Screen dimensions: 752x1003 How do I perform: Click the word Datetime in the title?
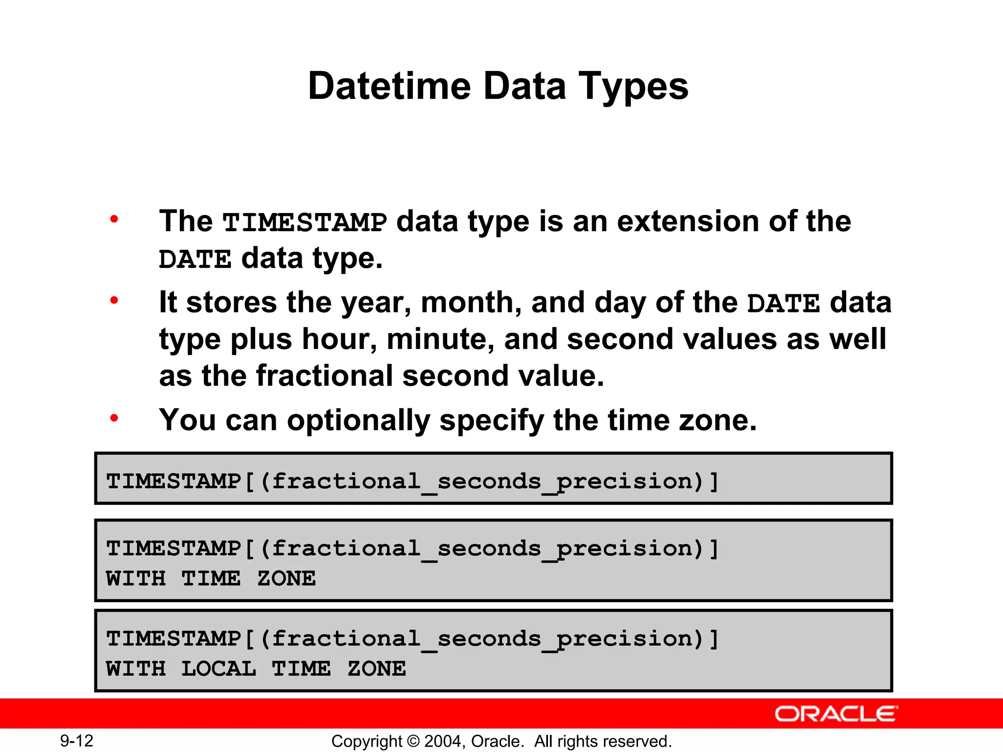[389, 86]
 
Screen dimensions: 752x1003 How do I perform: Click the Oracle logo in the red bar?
[836, 714]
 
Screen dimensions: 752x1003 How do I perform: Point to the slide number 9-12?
[76, 741]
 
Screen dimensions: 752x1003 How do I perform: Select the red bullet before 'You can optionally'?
[114, 418]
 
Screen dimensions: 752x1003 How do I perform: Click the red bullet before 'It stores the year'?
[114, 300]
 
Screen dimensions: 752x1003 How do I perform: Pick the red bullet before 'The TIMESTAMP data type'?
[114, 219]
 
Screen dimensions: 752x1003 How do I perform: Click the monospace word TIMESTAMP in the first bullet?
[305, 222]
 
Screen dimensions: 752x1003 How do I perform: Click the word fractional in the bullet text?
[324, 376]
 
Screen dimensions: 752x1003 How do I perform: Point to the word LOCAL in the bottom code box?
[218, 669]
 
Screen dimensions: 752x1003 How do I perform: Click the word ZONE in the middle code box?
[287, 579]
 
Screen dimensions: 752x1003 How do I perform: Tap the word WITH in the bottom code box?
[136, 669]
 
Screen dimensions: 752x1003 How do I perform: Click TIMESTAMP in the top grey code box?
[174, 481]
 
